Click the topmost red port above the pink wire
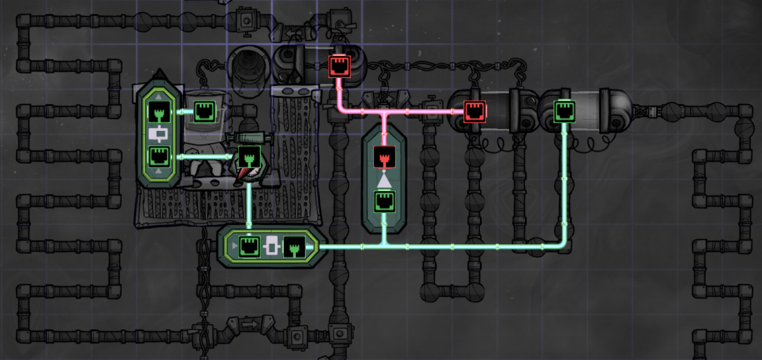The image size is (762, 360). pyautogui.click(x=339, y=66)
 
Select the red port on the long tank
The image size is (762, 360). pyautogui.click(x=475, y=111)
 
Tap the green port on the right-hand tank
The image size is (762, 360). pyautogui.click(x=564, y=111)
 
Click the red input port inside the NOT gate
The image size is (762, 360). pyautogui.click(x=384, y=157)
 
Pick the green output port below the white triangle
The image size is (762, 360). pyautogui.click(x=384, y=201)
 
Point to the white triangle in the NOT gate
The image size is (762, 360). pyautogui.click(x=384, y=179)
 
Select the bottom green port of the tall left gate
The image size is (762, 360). pyautogui.click(x=159, y=157)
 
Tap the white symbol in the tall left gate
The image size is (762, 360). pyautogui.click(x=159, y=134)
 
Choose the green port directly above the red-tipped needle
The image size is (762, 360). pyautogui.click(x=248, y=157)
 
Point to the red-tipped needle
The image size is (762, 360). pyautogui.click(x=246, y=173)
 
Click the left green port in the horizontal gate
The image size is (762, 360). pyautogui.click(x=249, y=247)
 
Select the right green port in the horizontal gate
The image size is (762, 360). pyautogui.click(x=293, y=247)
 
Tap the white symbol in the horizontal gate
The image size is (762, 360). pyautogui.click(x=271, y=247)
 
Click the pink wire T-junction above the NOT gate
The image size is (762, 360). pyautogui.click(x=384, y=111)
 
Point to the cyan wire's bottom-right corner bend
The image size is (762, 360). pyautogui.click(x=564, y=246)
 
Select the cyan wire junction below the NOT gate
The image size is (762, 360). pyautogui.click(x=384, y=246)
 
